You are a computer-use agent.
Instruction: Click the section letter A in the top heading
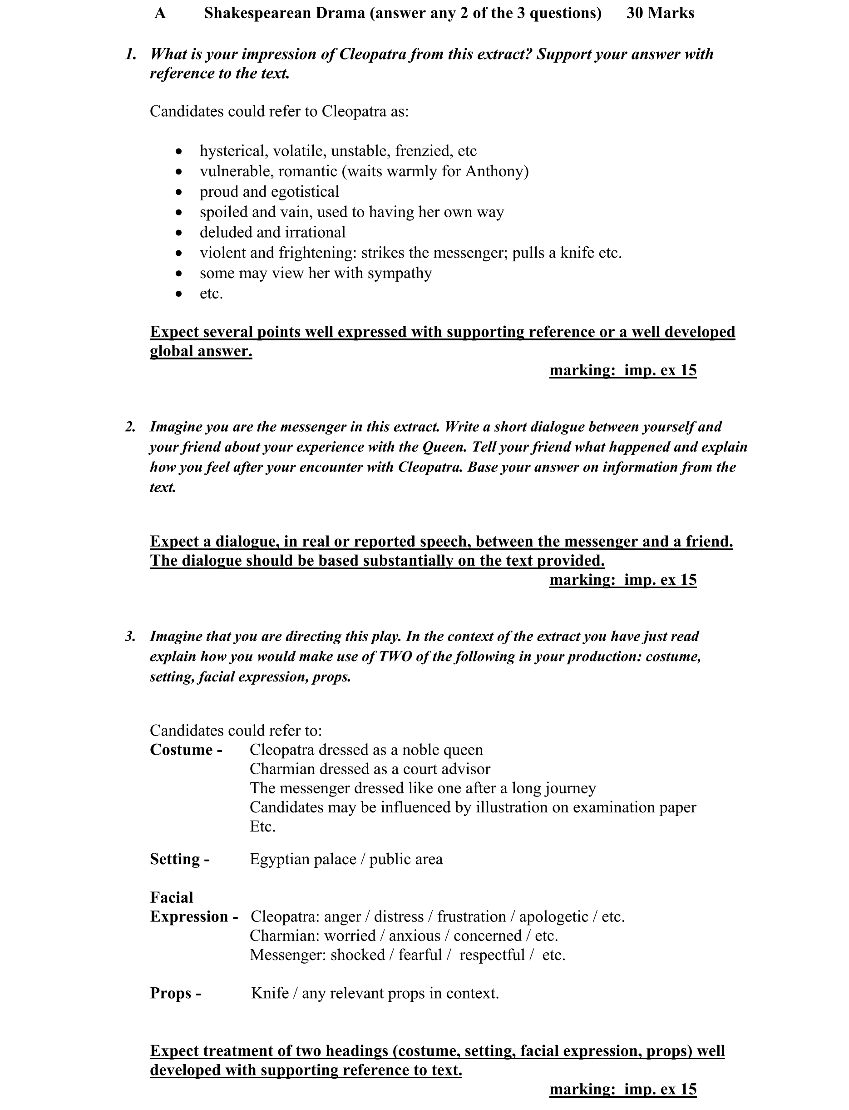(x=160, y=13)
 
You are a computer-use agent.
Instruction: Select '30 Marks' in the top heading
(x=660, y=13)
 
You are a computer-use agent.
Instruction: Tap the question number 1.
(x=131, y=54)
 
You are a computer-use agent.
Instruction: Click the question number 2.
(x=130, y=427)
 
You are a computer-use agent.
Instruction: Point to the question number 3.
(x=130, y=636)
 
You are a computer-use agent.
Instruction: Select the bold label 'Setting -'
(x=179, y=859)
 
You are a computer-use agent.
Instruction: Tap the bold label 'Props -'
(x=175, y=993)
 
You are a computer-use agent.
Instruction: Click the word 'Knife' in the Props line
(x=270, y=993)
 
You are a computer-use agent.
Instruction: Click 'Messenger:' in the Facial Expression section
(x=288, y=955)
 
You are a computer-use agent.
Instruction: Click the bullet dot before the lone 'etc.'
(x=178, y=294)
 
